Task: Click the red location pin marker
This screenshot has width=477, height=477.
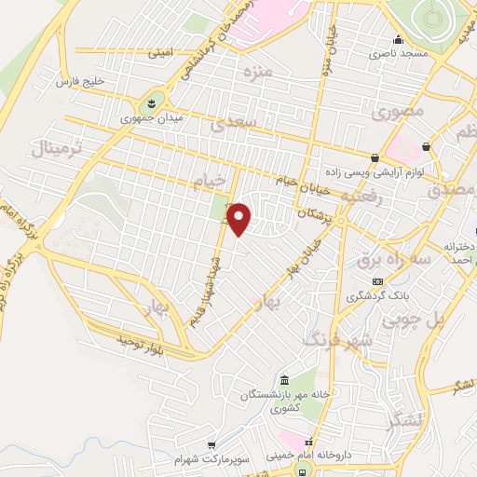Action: tap(240, 219)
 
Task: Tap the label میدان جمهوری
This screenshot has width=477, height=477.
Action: tap(153, 119)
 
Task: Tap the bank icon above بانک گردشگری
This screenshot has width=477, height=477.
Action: tap(376, 280)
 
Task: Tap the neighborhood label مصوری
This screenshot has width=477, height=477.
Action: tap(397, 112)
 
